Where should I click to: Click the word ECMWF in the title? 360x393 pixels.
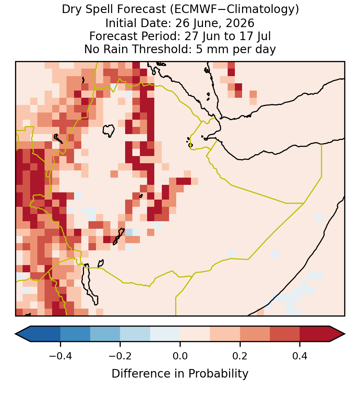click(x=191, y=10)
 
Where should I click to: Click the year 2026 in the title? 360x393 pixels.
click(x=240, y=23)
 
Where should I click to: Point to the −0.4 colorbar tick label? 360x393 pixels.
click(x=60, y=356)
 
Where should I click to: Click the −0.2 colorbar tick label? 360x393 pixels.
click(x=120, y=356)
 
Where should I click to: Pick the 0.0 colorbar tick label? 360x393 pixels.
click(x=180, y=356)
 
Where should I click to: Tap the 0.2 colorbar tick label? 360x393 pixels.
click(x=240, y=356)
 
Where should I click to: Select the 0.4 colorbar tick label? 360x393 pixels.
click(x=300, y=356)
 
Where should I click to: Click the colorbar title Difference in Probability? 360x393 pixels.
click(x=180, y=374)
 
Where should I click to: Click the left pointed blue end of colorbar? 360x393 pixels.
click(x=23, y=334)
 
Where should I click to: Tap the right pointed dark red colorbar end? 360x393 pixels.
click(x=337, y=334)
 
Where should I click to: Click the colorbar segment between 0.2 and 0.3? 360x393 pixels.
click(x=255, y=334)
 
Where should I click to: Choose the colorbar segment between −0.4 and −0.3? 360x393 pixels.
click(x=75, y=334)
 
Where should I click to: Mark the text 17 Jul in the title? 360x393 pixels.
click(x=255, y=36)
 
